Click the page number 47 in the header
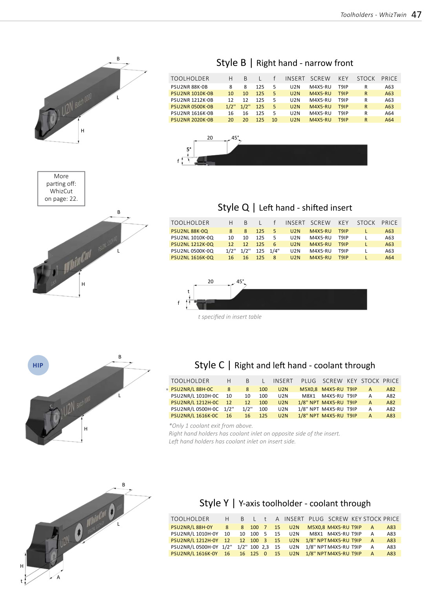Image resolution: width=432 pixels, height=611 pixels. [416, 15]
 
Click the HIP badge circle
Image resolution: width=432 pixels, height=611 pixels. [38, 365]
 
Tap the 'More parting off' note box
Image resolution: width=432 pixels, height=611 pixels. [61, 188]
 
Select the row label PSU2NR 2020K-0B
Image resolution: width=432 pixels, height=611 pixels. [192, 120]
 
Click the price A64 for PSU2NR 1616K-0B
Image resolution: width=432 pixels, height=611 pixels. [389, 113]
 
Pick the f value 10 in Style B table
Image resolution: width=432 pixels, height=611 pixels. [275, 120]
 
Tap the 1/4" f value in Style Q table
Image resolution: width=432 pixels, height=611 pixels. [275, 251]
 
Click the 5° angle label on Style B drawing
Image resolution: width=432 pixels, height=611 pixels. [189, 149]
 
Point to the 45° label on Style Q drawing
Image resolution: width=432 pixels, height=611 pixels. [240, 281]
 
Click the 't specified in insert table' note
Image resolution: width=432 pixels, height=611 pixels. [230, 317]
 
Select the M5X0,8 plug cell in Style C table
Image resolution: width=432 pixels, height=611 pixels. [309, 389]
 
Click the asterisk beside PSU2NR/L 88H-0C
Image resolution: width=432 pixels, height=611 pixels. [167, 390]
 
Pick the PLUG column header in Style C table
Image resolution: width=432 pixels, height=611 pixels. [309, 381]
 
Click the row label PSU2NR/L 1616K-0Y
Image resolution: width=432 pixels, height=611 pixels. [194, 553]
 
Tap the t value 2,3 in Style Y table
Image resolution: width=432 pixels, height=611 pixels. [265, 547]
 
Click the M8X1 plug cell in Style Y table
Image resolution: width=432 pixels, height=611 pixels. [316, 534]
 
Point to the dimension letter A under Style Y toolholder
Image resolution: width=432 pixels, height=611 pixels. [59, 577]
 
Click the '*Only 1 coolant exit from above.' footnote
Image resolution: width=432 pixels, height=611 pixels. [211, 426]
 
